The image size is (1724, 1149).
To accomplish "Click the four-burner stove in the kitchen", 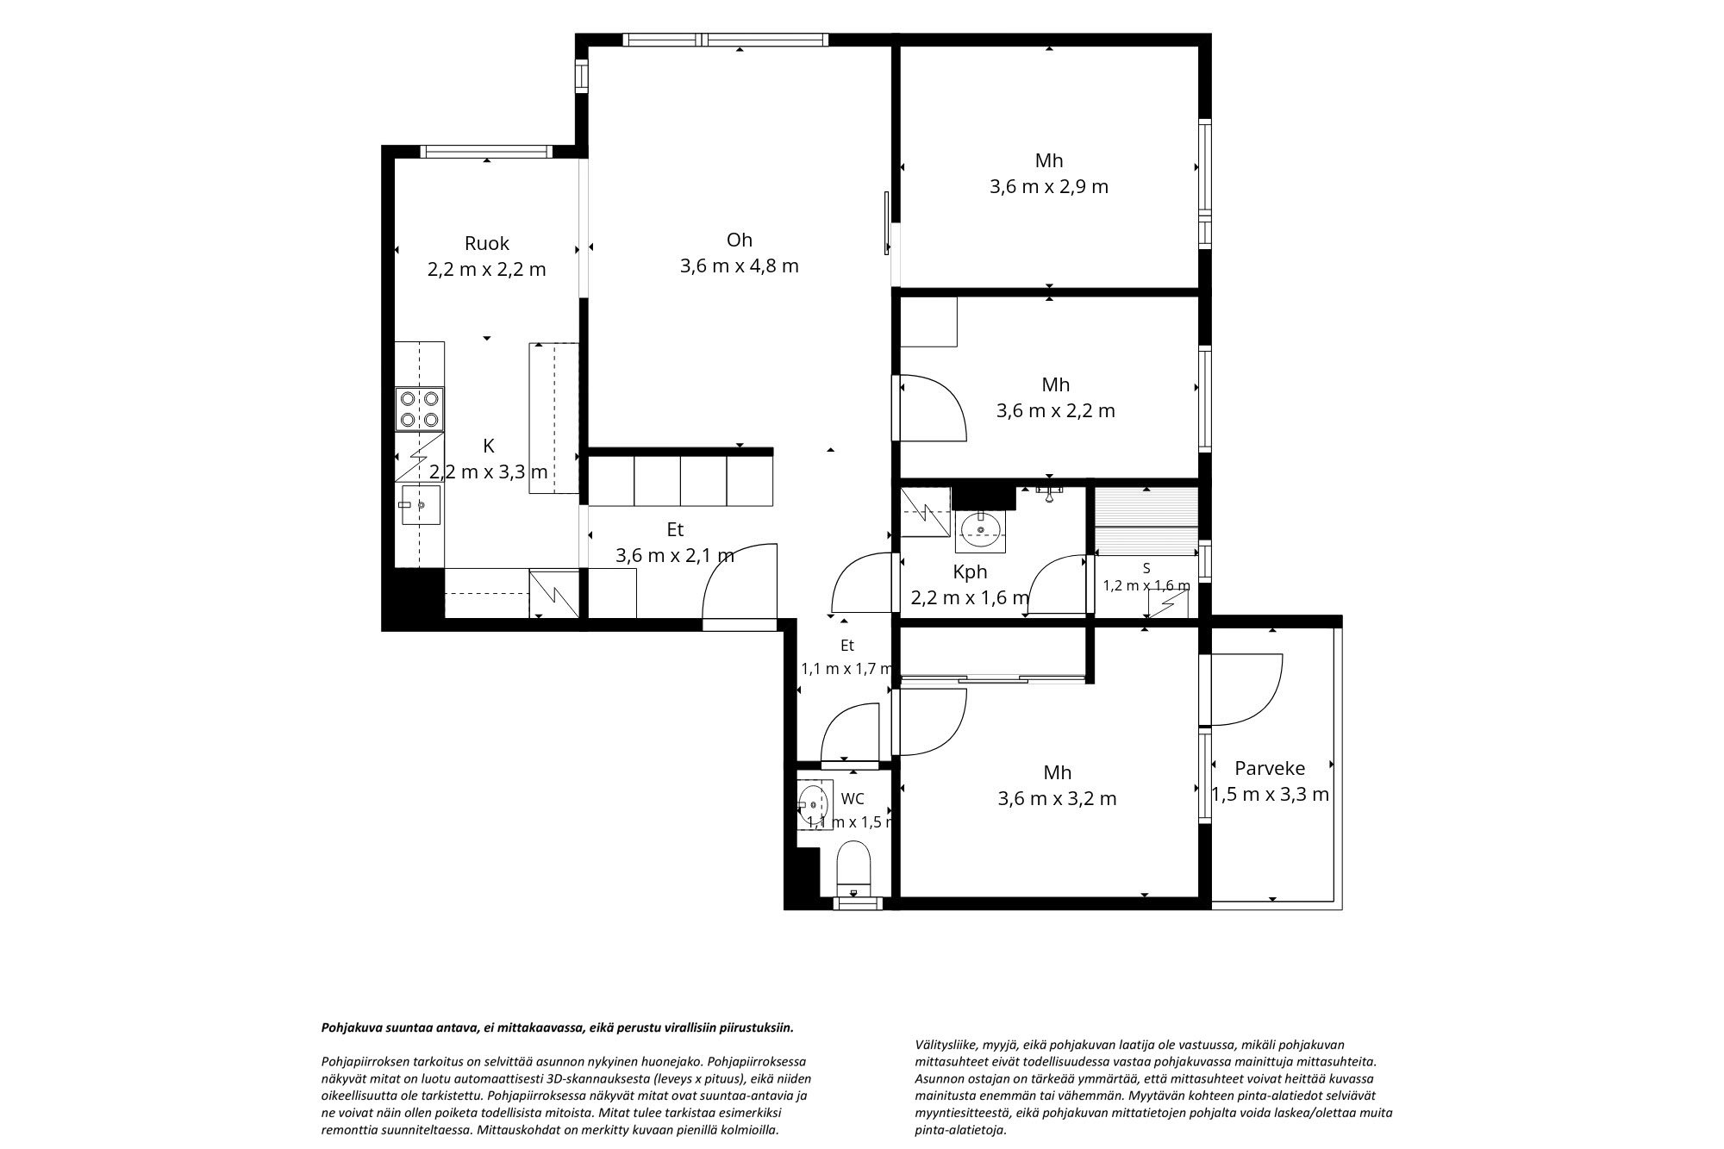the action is (420, 409).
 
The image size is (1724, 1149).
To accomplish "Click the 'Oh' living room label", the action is (740, 240).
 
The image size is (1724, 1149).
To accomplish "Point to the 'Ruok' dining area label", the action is (487, 243).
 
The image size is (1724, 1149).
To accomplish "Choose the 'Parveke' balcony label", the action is (1270, 768).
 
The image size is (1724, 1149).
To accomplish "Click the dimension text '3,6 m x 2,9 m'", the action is (1049, 186).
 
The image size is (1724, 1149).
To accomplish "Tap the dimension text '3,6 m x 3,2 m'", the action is (1058, 798).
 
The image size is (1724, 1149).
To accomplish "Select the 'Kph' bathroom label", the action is (970, 571).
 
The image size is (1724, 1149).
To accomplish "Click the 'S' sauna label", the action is (1146, 568).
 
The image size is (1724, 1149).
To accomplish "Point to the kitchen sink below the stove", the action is (420, 505).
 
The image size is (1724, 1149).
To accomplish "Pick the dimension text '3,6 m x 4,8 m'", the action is (740, 265).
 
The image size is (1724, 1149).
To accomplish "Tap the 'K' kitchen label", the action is (489, 446).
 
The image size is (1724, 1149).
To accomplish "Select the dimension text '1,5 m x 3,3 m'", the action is (1271, 794).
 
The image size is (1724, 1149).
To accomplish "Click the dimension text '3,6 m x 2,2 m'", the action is (1056, 410).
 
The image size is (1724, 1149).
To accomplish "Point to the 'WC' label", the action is (853, 799).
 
